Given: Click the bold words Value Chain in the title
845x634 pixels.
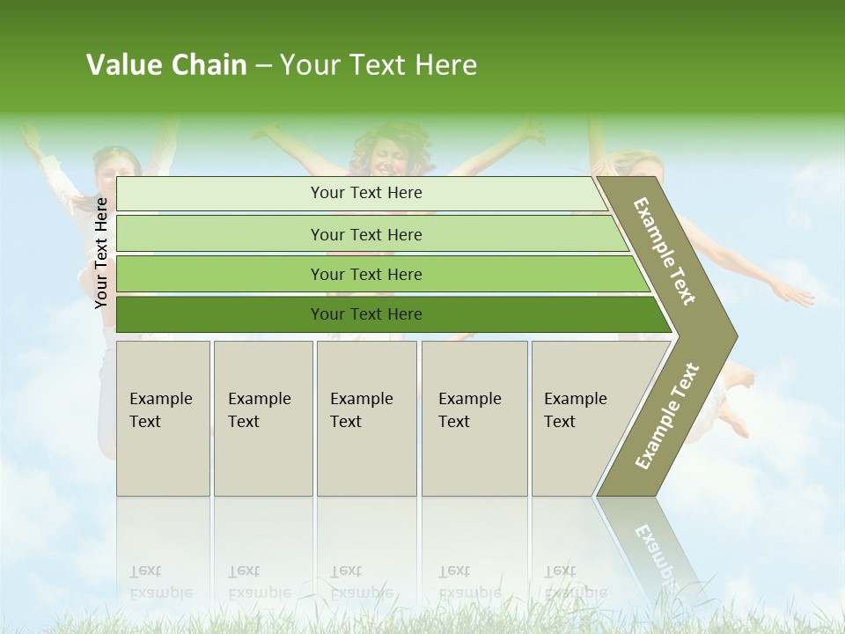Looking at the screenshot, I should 166,65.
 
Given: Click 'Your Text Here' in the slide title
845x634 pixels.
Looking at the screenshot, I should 378,65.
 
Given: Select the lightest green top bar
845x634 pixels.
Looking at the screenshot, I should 365,194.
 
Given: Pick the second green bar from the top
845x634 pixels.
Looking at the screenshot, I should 365,234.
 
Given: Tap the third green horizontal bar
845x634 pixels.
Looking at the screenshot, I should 365,275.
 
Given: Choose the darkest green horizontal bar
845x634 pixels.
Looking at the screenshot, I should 365,314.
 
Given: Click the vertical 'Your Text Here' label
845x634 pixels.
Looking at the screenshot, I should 101,253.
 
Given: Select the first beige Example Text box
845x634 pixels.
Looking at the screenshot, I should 163,418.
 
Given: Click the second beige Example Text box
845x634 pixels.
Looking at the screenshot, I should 262,418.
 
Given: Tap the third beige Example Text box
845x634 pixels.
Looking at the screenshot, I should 365,418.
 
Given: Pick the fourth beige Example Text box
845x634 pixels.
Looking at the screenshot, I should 474,418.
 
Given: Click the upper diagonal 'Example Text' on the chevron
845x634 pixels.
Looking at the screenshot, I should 665,251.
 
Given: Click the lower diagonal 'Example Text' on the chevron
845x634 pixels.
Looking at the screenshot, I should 667,416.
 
